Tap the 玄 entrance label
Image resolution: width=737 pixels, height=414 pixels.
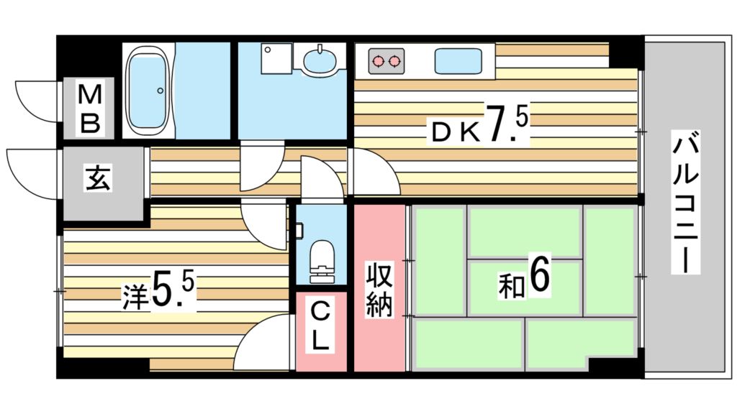[99, 178]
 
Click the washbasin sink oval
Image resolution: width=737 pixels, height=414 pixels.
[320, 60]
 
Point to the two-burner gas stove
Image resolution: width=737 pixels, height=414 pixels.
[386, 61]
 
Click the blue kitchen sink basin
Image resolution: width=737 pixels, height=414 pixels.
[458, 60]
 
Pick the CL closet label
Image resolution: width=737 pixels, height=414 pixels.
[320, 327]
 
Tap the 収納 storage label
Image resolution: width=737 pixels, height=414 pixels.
[379, 289]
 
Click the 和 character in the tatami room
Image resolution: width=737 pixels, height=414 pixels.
[510, 285]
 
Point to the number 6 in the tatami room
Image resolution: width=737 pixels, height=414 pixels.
[540, 275]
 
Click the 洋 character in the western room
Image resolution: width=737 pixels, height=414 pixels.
[135, 296]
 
